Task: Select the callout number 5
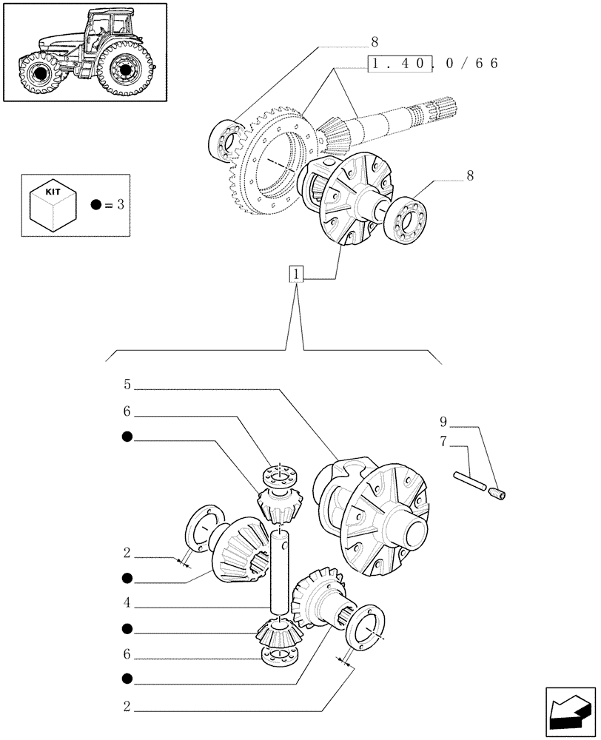coord(127,385)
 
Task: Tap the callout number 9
coord(443,423)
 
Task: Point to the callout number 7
coord(443,443)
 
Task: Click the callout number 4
coord(127,603)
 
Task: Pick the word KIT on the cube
coord(53,191)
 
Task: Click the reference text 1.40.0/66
coord(433,64)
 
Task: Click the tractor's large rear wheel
coord(122,71)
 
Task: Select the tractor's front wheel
coord(38,75)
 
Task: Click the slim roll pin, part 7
coord(471,482)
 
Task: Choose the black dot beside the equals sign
coord(95,205)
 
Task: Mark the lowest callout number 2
coord(127,707)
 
